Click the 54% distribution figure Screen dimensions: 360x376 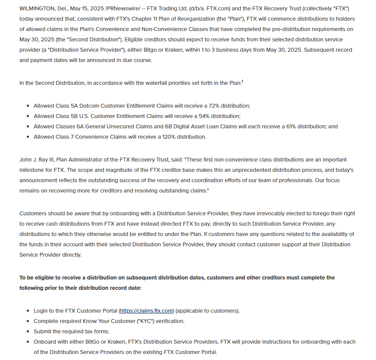(x=203, y=116)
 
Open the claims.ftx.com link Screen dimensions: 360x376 (x=147, y=310)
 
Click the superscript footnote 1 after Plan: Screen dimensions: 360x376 (x=242, y=81)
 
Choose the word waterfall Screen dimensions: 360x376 (x=129, y=83)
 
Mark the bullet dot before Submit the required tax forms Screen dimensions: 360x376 (x=28, y=332)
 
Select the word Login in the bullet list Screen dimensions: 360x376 (x=41, y=310)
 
